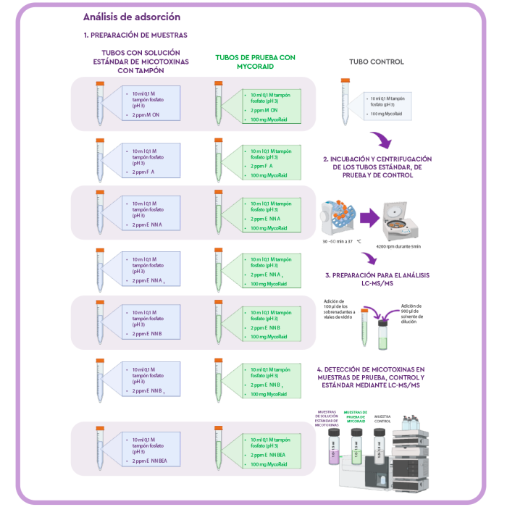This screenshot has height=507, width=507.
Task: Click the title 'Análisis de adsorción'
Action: point(132,17)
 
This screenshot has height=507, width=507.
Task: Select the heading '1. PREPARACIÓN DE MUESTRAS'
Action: point(135,35)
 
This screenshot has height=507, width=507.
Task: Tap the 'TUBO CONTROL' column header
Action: point(377,62)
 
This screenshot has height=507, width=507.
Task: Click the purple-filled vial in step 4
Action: point(334,446)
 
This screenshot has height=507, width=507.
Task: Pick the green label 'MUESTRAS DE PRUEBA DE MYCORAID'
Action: point(356,416)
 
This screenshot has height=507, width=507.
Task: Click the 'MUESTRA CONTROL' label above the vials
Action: point(382,419)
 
